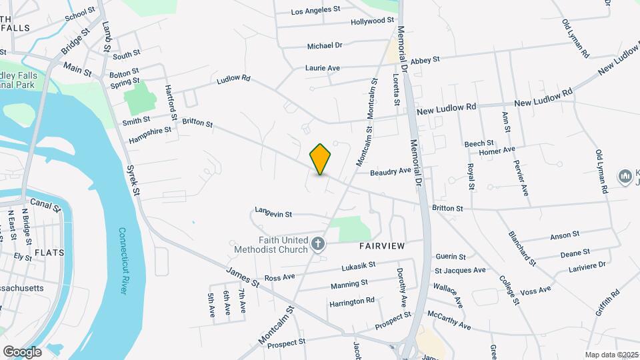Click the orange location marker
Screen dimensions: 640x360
point(321,159)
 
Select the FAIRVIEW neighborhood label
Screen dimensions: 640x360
point(382,246)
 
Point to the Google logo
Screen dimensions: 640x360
point(22,351)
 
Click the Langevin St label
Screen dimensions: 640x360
point(273,213)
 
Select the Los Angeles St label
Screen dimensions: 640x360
point(316,11)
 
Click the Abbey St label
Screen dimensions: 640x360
point(425,59)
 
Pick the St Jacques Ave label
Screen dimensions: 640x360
point(460,270)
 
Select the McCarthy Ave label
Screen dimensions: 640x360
point(449,320)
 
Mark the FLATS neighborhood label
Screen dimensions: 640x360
point(49,253)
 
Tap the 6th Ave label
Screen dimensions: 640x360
point(227,303)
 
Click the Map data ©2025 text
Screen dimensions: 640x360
point(611,355)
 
